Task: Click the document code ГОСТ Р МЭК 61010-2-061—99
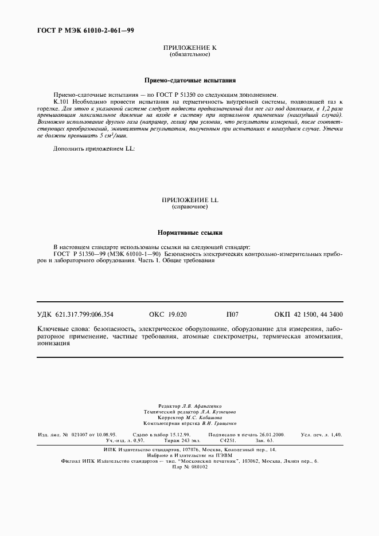click(85, 30)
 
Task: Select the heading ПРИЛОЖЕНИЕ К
click(190, 48)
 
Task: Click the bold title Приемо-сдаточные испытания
click(189, 81)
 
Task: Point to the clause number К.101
click(62, 100)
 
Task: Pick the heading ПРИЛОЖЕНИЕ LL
click(190, 199)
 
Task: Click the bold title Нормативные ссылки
click(189, 232)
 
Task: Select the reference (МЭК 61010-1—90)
click(137, 253)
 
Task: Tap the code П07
click(233, 314)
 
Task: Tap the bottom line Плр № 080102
click(189, 466)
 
